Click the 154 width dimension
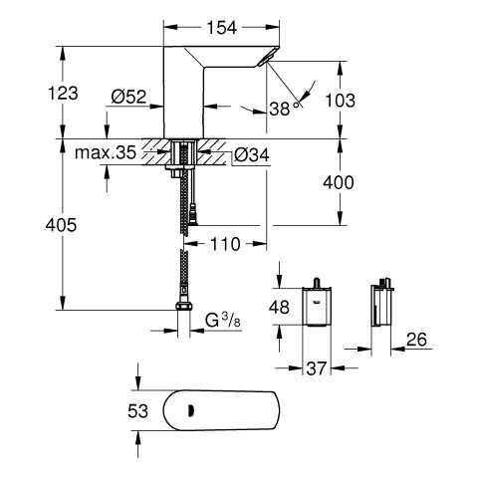[x=222, y=28]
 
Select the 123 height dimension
[x=63, y=93]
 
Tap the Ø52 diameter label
[x=128, y=97]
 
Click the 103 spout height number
[x=340, y=101]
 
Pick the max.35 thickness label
[x=106, y=152]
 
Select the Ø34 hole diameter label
[x=252, y=154]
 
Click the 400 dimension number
[x=339, y=182]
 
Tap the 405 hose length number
[x=61, y=225]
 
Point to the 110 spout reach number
[x=225, y=244]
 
